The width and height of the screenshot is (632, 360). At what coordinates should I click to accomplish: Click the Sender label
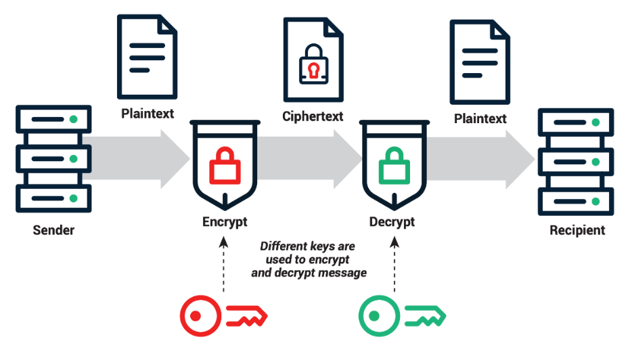pos(53,230)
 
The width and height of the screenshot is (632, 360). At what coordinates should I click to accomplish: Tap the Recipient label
pos(577,230)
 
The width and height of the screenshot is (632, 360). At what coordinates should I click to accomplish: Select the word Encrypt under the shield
pos(225,222)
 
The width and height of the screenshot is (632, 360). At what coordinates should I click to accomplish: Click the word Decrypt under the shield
pos(392,222)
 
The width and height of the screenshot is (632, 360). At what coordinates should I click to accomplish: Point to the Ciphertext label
pos(313,116)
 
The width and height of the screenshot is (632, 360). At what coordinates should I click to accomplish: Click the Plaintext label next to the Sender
pos(148,113)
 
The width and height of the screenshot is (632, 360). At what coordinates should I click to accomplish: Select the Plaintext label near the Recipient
pos(480,119)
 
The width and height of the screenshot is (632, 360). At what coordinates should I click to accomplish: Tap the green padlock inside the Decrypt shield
pos(392,165)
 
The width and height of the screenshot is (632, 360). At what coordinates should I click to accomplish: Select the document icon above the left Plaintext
pos(147,57)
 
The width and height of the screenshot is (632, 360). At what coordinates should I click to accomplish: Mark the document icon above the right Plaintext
pos(480,62)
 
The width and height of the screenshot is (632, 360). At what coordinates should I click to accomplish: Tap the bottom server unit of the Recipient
pos(576,201)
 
